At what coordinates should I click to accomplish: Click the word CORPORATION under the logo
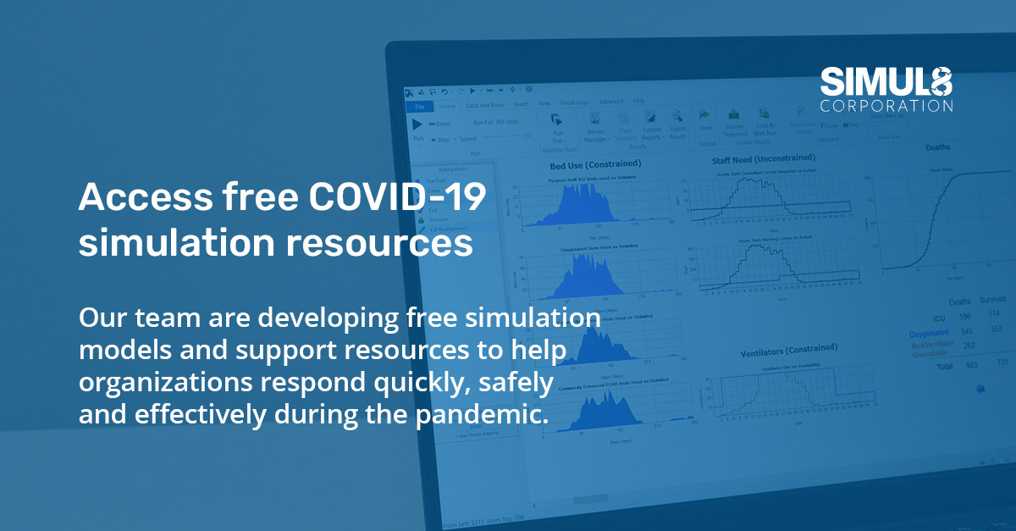[886, 107]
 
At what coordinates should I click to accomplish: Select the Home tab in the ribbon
[447, 106]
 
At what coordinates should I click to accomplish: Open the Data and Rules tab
[485, 105]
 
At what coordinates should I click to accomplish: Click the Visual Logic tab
[576, 102]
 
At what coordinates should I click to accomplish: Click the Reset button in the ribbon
[441, 124]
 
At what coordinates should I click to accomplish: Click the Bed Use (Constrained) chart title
[595, 163]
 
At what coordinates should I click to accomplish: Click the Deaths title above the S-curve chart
[937, 147]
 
